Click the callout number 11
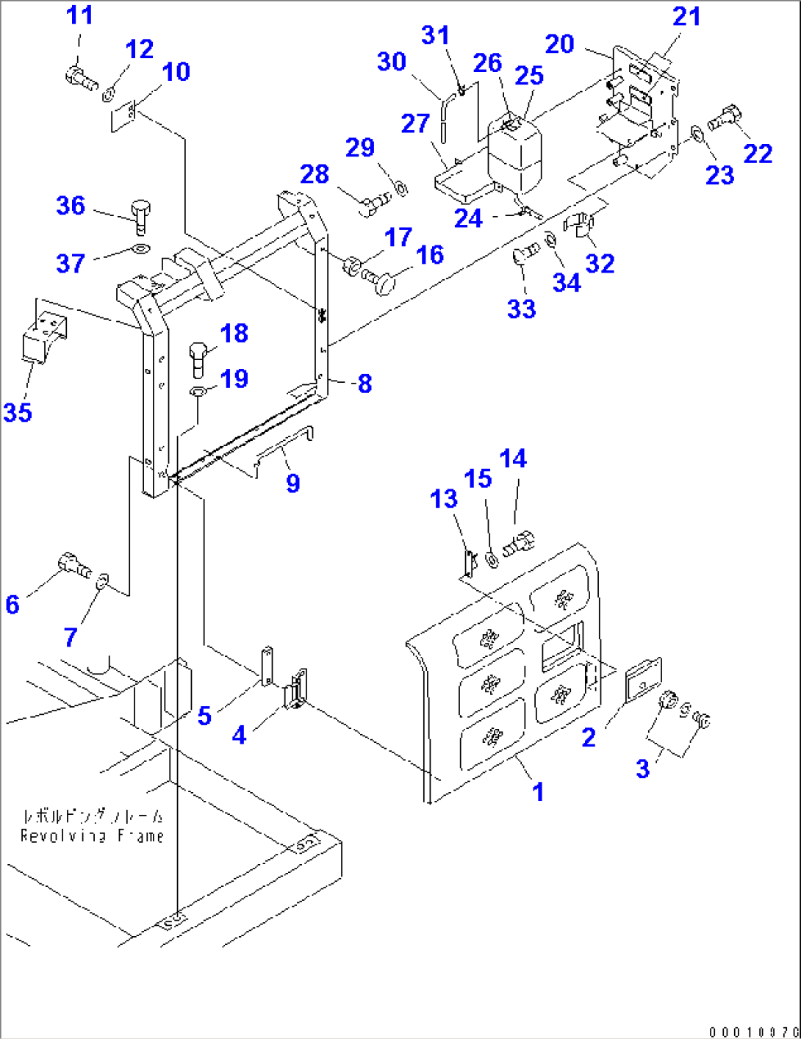click(79, 15)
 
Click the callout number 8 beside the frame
click(364, 384)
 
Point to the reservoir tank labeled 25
click(514, 153)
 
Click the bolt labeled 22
click(726, 118)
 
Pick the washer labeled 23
click(697, 135)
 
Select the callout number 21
click(686, 17)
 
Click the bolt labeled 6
click(73, 566)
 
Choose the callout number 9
click(292, 483)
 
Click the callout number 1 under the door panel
click(538, 792)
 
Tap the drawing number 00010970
click(752, 1032)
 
